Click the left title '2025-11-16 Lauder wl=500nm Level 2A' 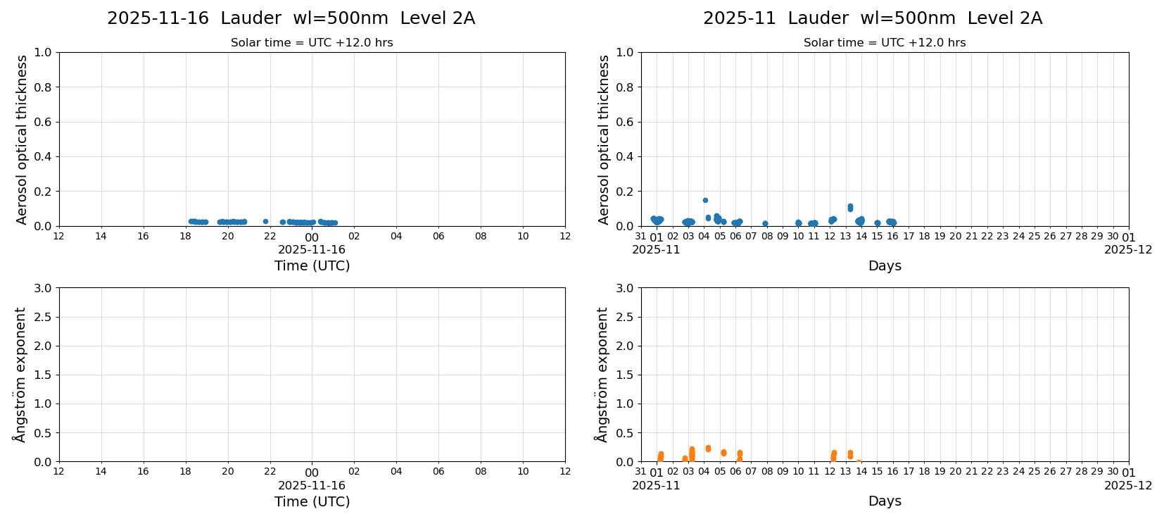pyautogui.click(x=291, y=18)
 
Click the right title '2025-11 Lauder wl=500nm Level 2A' pyautogui.click(x=872, y=18)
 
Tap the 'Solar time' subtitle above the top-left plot pyautogui.click(x=312, y=43)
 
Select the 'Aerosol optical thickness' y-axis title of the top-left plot pyautogui.click(x=22, y=139)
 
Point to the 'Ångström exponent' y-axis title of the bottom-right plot pyautogui.click(x=602, y=375)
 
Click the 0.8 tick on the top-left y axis pyautogui.click(x=43, y=87)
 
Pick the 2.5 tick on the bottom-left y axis pyautogui.click(x=43, y=317)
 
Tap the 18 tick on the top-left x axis pyautogui.click(x=186, y=237)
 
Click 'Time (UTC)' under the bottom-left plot pyautogui.click(x=312, y=501)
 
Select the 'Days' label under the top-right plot pyautogui.click(x=885, y=266)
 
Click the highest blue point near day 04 pyautogui.click(x=705, y=200)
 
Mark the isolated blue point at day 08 pyautogui.click(x=765, y=223)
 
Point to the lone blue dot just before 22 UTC pyautogui.click(x=265, y=221)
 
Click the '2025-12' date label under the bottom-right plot pyautogui.click(x=1128, y=485)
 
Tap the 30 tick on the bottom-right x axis pyautogui.click(x=1113, y=473)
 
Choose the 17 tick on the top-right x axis pyautogui.click(x=909, y=237)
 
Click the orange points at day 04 pyautogui.click(x=708, y=448)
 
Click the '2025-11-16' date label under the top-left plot pyautogui.click(x=312, y=249)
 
